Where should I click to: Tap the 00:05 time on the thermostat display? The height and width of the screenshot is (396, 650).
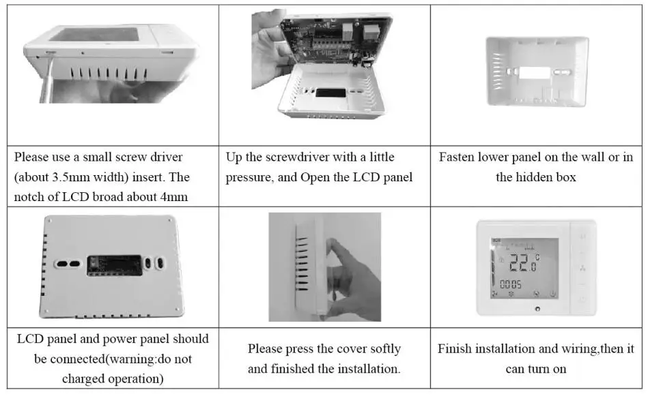510,284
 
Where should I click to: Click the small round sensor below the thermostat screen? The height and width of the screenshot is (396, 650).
537,309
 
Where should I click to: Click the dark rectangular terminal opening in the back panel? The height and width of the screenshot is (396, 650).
114,264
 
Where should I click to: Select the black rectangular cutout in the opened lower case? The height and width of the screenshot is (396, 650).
323,91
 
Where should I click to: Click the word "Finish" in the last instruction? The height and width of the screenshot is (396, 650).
455,349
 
